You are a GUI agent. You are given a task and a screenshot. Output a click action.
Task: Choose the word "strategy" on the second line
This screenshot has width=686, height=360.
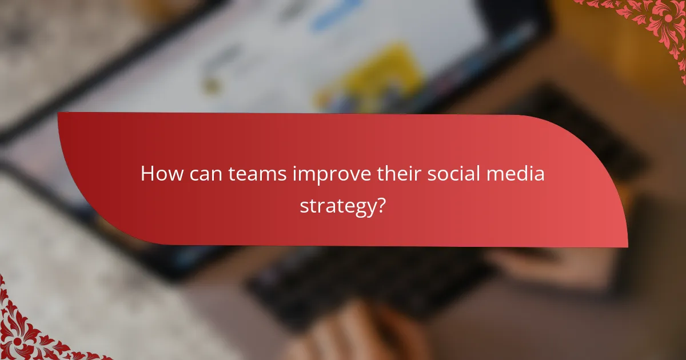pos(337,206)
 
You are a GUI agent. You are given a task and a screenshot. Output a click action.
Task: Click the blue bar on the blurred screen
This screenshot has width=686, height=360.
pos(337,14)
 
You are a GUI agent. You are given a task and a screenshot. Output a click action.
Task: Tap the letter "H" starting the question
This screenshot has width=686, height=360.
pos(147,174)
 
